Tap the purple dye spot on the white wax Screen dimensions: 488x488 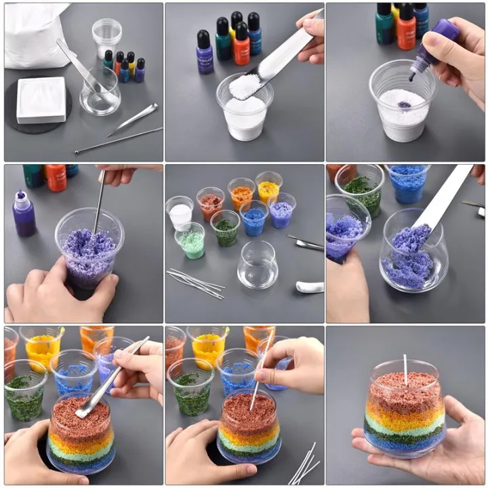click(x=404, y=105)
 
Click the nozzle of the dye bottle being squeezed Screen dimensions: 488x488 click(x=412, y=77)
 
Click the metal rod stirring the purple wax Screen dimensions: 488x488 click(x=99, y=201)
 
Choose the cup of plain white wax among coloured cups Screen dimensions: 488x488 click(x=180, y=213)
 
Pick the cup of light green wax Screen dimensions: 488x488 click(x=190, y=241)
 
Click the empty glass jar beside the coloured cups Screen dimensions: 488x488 click(x=258, y=264)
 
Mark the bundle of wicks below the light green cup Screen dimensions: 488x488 click(x=196, y=283)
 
